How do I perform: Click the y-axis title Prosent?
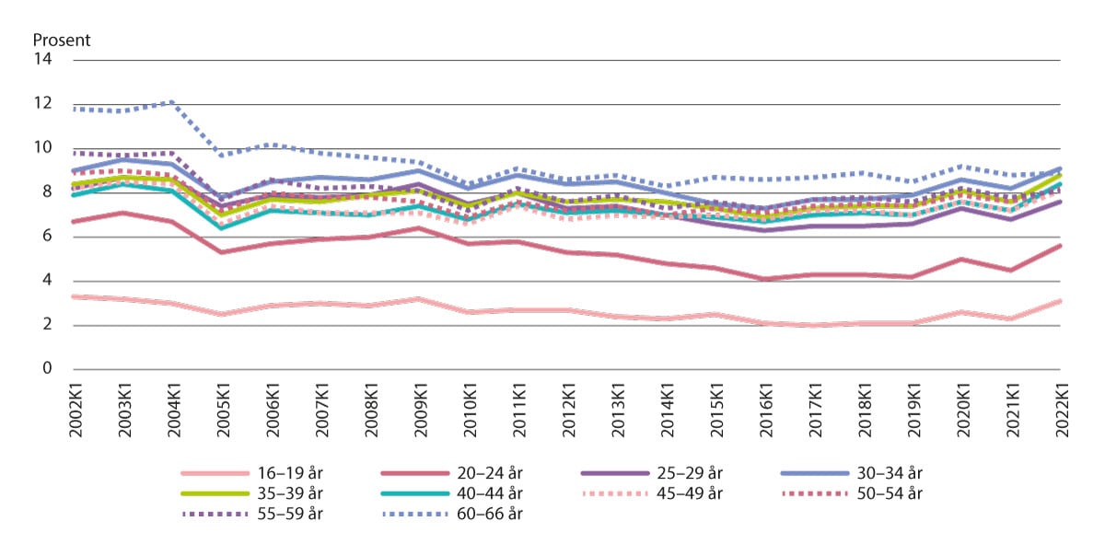point(62,41)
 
